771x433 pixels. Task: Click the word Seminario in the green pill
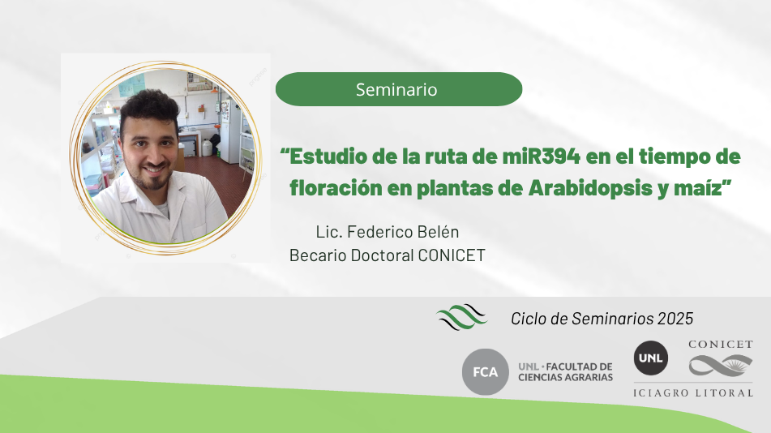[396, 89]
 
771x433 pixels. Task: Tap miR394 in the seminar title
[541, 156]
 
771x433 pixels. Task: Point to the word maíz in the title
[698, 188]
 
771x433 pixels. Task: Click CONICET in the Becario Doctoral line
[452, 255]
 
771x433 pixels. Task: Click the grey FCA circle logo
[486, 372]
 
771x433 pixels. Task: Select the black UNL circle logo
[650, 358]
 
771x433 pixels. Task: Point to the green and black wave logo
[461, 316]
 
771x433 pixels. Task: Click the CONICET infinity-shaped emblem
[721, 366]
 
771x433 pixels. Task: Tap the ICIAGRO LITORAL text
[693, 392]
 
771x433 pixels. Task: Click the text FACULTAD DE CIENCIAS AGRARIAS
[565, 372]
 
